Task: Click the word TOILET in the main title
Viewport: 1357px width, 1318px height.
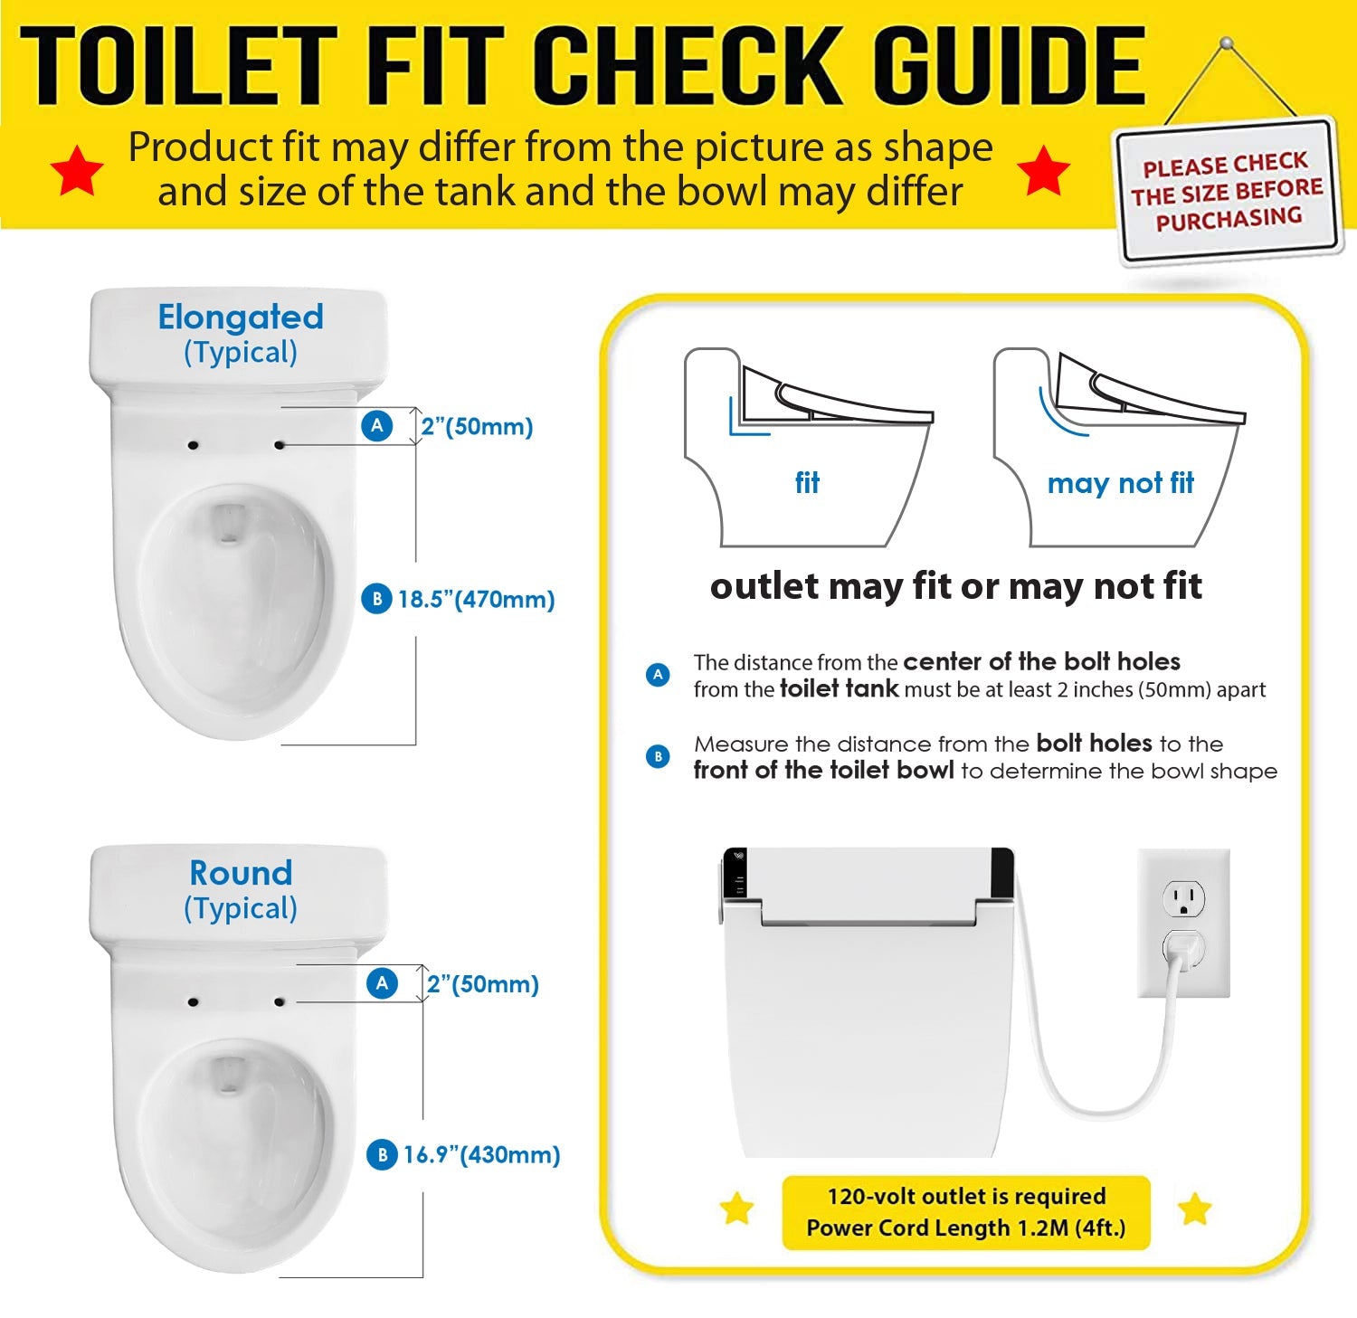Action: click(178, 66)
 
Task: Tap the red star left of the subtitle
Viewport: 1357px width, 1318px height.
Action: click(77, 170)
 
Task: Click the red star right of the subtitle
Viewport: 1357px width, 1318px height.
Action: click(1043, 170)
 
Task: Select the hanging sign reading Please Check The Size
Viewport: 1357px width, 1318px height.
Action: click(1228, 192)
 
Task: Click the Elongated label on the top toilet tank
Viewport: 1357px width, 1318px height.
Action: click(241, 317)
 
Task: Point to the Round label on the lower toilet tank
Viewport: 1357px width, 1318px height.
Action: click(241, 873)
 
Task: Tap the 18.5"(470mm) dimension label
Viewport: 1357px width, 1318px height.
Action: click(476, 599)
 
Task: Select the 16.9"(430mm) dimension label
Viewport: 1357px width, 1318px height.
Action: click(481, 1154)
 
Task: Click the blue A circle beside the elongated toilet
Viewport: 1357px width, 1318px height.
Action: click(377, 426)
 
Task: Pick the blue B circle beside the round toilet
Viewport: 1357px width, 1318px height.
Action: click(382, 1154)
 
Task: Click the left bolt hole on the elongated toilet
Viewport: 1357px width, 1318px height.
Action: click(193, 445)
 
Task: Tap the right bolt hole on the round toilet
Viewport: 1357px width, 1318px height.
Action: click(280, 1002)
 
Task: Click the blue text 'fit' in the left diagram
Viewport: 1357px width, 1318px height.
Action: click(807, 482)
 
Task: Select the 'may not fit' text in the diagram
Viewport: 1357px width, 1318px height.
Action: click(1120, 483)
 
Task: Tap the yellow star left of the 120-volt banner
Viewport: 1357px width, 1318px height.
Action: click(737, 1209)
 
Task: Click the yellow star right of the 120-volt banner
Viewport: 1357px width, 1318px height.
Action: click(1195, 1209)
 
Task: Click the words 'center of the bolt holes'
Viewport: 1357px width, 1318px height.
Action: click(1041, 661)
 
